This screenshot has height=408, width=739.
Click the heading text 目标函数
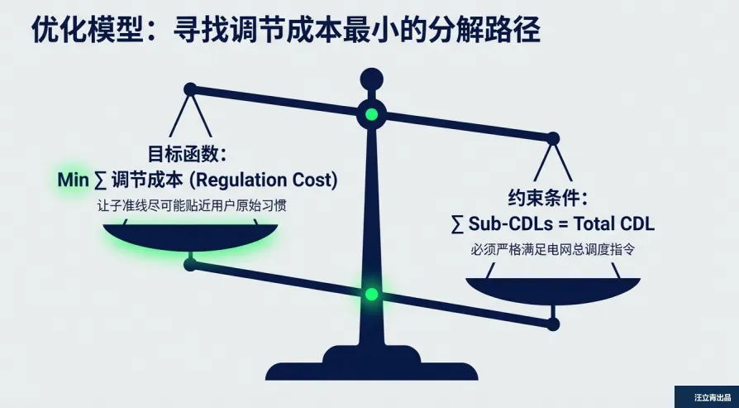[187, 155]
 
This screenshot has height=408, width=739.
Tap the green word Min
[72, 180]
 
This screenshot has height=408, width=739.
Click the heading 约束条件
[546, 199]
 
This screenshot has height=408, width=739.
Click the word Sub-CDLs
[503, 223]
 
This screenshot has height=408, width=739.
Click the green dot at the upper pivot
[371, 114]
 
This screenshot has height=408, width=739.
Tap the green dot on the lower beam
[371, 294]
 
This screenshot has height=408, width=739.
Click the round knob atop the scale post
[371, 80]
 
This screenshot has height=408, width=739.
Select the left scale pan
[190, 236]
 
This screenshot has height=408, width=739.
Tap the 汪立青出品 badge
[706, 397]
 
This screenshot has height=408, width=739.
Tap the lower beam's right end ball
[552, 324]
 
